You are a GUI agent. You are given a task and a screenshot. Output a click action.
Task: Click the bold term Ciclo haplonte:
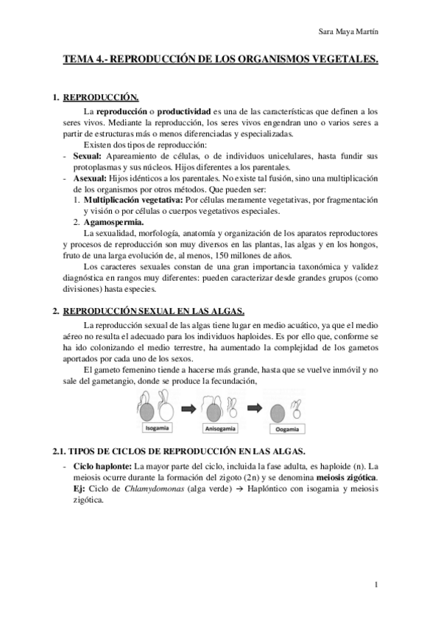[x=105, y=467]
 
